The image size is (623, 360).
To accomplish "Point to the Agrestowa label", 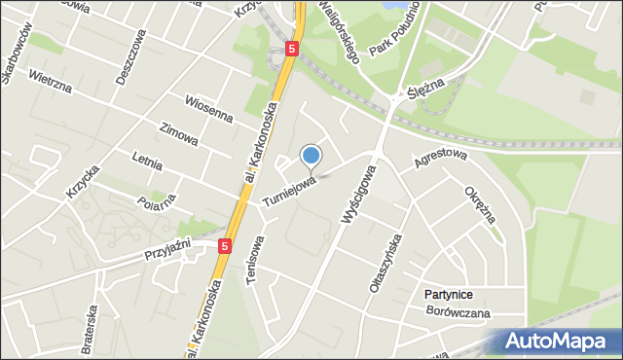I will point(441,160).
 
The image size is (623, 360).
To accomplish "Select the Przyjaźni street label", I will point(171,249).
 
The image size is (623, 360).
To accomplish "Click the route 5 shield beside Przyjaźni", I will point(226,247).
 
